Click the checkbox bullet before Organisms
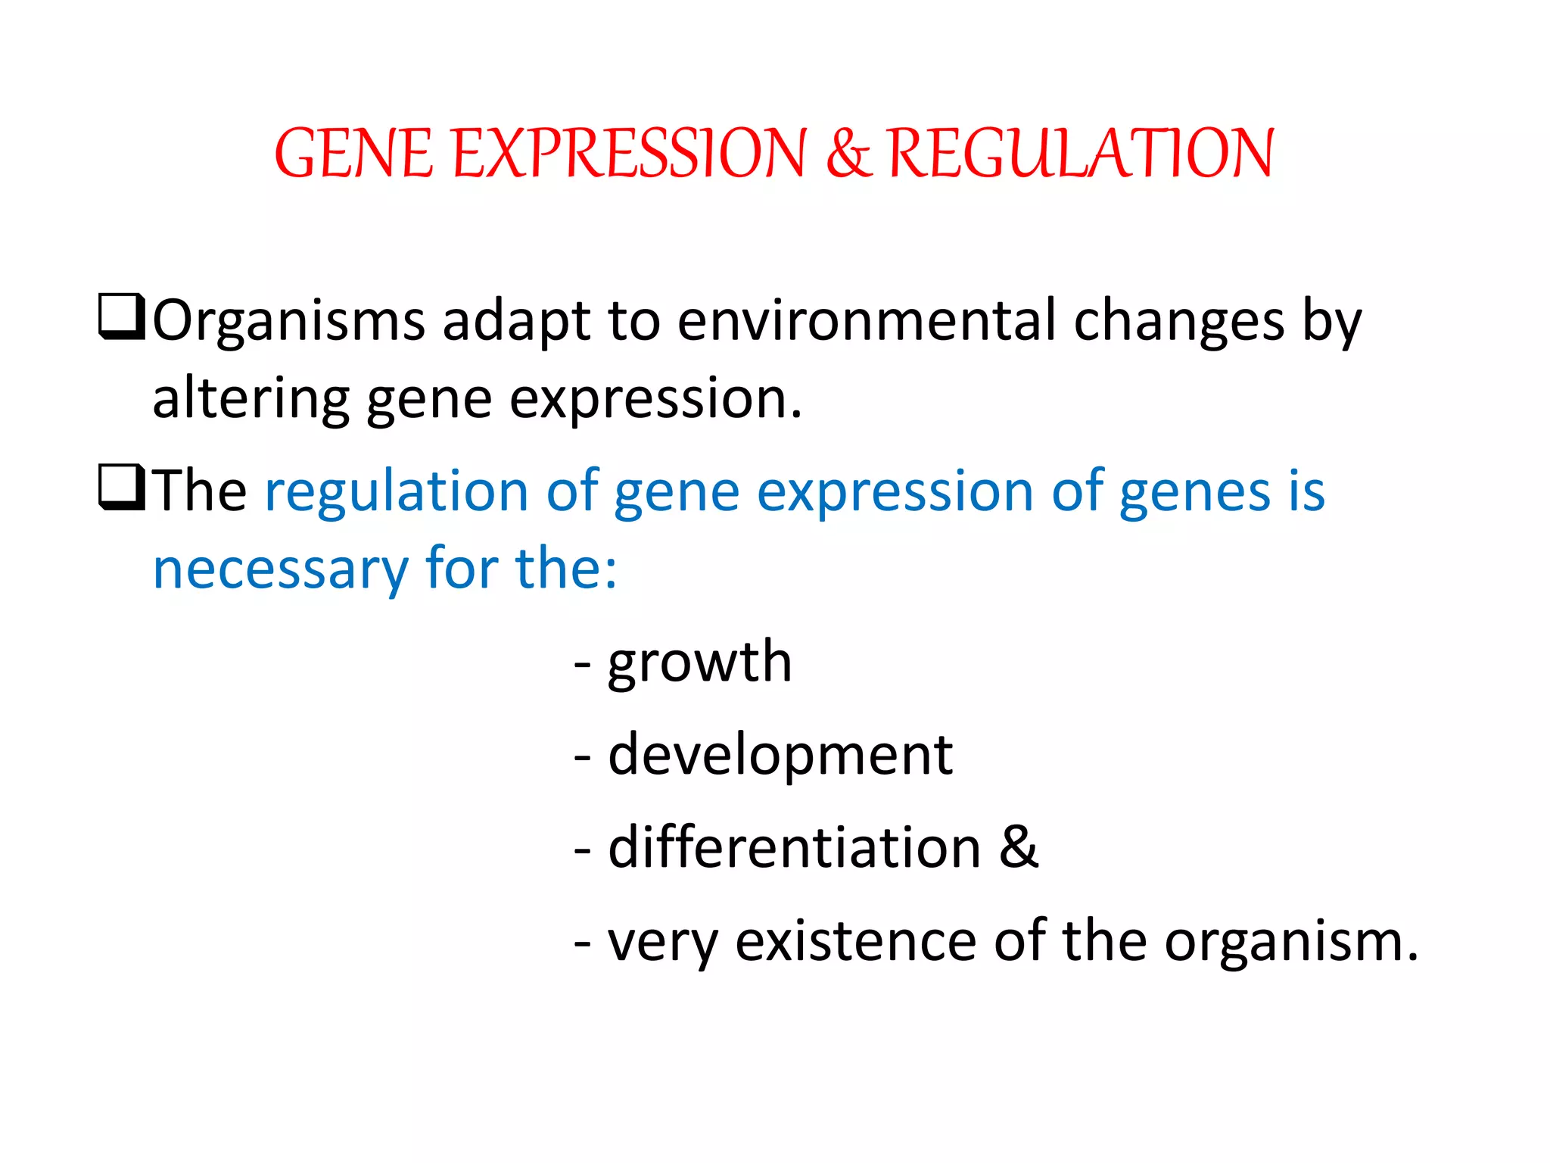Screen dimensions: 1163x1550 (121, 317)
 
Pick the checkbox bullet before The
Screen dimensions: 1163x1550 (121, 488)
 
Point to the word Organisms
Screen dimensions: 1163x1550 (289, 322)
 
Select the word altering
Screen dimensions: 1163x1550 (251, 400)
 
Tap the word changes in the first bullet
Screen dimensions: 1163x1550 (1179, 322)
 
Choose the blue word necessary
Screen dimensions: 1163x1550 (280, 569)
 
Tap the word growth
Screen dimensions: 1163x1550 (699, 663)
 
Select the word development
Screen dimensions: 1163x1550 (780, 756)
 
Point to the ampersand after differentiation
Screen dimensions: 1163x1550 (1019, 847)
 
